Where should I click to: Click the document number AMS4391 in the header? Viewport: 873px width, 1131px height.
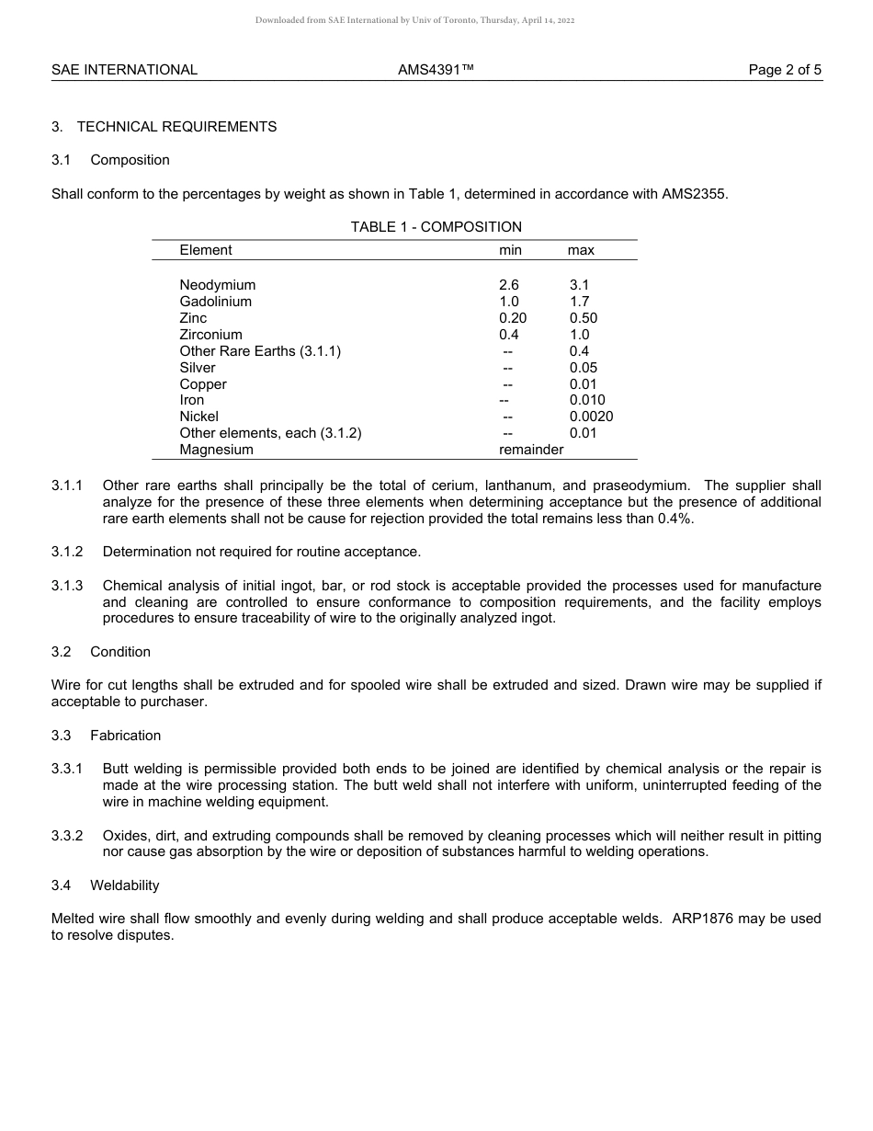coord(436,70)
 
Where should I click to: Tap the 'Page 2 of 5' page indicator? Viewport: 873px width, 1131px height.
coord(785,70)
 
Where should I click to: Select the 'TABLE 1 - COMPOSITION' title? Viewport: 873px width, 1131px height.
coord(436,227)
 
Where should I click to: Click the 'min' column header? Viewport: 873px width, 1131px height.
coord(510,250)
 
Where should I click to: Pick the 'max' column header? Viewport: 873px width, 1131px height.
coord(581,250)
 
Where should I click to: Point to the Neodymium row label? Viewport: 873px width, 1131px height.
coord(218,285)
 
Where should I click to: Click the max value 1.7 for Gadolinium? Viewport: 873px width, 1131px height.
coord(579,302)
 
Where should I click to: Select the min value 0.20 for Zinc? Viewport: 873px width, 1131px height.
coord(513,318)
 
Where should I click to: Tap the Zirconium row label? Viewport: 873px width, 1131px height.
coord(211,335)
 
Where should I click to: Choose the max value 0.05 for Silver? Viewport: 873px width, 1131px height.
coord(583,368)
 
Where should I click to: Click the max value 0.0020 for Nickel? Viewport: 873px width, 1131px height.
coord(591,417)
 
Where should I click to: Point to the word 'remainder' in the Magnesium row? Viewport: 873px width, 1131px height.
coord(531,450)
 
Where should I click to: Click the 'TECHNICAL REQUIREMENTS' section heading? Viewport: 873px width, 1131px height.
coord(176,127)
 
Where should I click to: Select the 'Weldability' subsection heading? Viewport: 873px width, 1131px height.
coord(125,885)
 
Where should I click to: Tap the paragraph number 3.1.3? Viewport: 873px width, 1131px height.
coord(67,586)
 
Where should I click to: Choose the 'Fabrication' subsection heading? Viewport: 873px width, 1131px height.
coord(125,736)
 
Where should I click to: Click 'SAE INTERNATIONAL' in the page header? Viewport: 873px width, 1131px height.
coord(124,70)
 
